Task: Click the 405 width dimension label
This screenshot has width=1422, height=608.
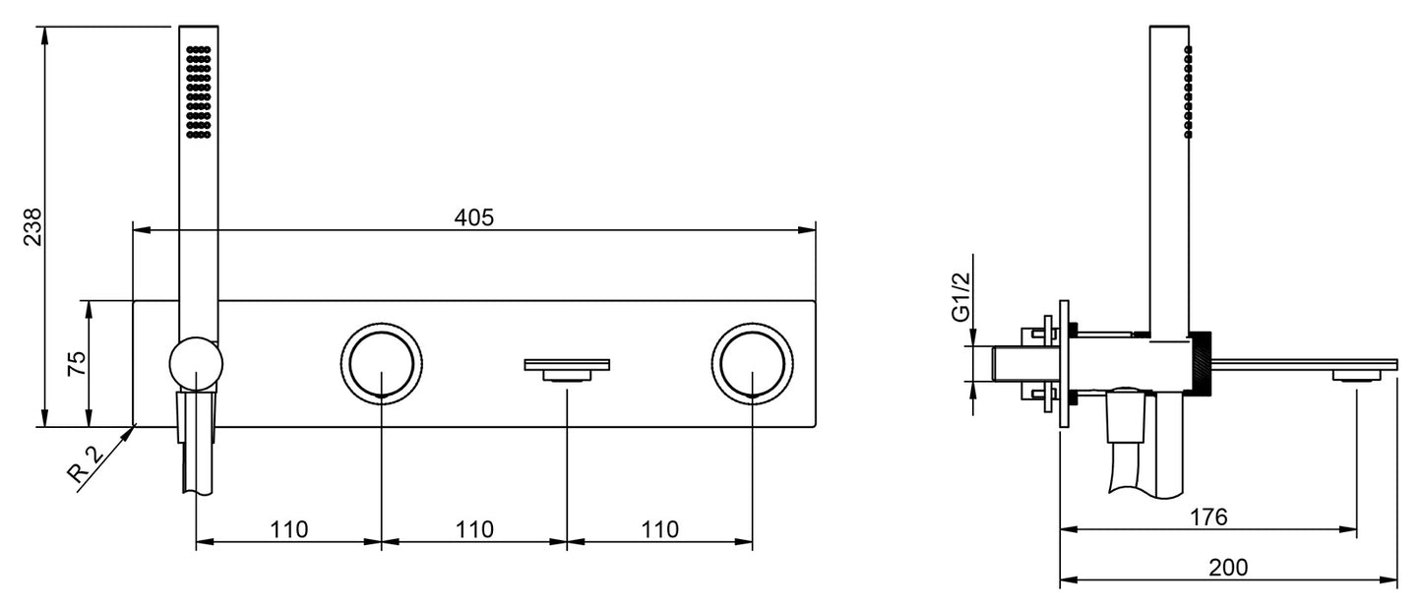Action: [x=473, y=217]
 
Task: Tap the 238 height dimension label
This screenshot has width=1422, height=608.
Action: [x=32, y=226]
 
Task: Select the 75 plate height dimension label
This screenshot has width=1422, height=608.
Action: [x=77, y=363]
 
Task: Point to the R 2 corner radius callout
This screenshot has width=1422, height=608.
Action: [x=85, y=465]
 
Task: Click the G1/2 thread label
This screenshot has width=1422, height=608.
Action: [x=961, y=296]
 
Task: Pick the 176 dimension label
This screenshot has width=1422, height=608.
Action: [x=1207, y=517]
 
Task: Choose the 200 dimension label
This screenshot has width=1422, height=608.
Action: [x=1228, y=568]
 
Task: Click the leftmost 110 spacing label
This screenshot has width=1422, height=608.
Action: [x=289, y=529]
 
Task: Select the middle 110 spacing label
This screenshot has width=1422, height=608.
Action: [x=474, y=529]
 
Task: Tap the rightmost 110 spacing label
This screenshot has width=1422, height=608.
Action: [x=659, y=529]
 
